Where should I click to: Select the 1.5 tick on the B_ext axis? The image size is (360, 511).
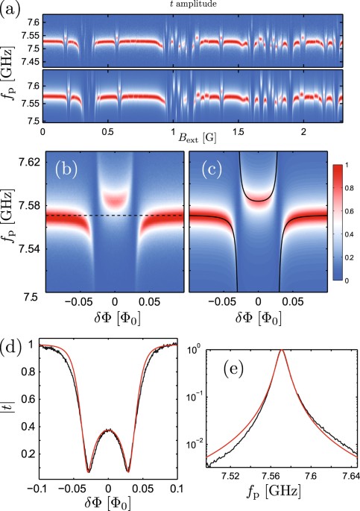click(237, 131)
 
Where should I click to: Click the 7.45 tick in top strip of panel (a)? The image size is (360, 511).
click(27, 63)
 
